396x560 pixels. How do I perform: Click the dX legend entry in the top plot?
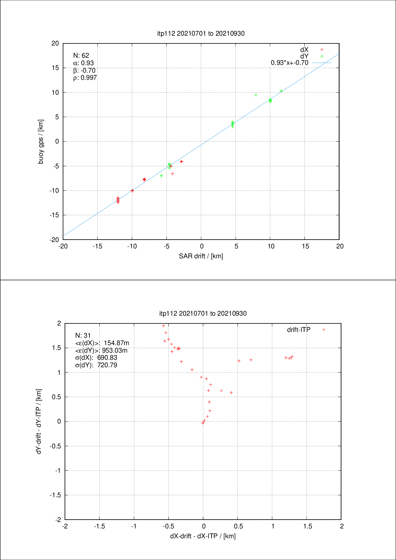tap(304, 50)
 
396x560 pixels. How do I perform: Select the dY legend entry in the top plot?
tap(304, 56)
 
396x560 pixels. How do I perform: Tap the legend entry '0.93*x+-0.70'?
tap(290, 63)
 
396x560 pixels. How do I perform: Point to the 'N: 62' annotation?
tap(81, 55)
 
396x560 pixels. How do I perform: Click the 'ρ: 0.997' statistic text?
tap(85, 78)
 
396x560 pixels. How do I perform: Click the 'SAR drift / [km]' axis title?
tap(201, 256)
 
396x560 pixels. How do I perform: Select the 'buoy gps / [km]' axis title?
tap(41, 142)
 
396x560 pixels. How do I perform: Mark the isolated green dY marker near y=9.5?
tap(256, 95)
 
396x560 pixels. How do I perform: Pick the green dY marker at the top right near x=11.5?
tap(281, 91)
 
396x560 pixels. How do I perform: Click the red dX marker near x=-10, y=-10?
tap(132, 190)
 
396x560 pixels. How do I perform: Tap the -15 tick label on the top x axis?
tap(97, 246)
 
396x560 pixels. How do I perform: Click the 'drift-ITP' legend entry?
tap(299, 330)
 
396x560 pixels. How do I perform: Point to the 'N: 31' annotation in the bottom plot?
tap(83, 335)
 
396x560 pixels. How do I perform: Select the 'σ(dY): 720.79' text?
tap(96, 365)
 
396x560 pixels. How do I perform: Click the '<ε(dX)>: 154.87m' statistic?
tap(102, 343)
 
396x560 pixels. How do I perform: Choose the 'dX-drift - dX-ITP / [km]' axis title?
tap(203, 536)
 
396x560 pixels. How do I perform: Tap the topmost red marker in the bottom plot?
tap(163, 326)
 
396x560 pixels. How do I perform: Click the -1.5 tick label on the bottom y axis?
tap(55, 495)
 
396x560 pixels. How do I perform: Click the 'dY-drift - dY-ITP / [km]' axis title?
tap(39, 422)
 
